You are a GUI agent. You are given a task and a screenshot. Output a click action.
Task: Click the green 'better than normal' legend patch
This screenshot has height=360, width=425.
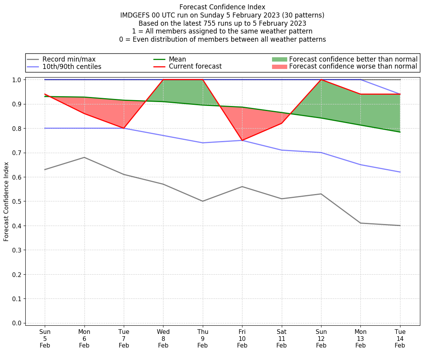(x=279, y=59)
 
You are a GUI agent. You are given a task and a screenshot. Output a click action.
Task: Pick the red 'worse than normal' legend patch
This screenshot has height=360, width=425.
(x=279, y=67)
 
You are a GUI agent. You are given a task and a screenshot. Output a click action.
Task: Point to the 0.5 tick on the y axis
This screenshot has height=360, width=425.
(x=17, y=201)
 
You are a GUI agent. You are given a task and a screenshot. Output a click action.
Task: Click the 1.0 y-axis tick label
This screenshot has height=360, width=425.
(x=17, y=80)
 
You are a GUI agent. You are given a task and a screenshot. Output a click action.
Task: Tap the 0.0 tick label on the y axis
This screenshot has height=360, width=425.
(x=17, y=323)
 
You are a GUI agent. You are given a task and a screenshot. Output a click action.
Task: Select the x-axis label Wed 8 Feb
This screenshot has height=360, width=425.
(x=163, y=339)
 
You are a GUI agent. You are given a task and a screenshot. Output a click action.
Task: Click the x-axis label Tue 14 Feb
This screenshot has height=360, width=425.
(x=400, y=339)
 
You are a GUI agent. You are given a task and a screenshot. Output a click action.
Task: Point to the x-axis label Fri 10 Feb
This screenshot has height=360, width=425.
(x=242, y=339)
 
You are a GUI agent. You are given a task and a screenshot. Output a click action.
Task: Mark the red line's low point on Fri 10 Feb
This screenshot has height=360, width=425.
(x=242, y=140)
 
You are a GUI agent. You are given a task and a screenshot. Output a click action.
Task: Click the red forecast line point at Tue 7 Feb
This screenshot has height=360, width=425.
(x=124, y=128)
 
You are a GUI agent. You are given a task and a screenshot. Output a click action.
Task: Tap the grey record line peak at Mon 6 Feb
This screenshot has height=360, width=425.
(x=84, y=157)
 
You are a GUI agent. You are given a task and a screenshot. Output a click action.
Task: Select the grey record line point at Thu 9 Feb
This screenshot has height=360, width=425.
(x=203, y=201)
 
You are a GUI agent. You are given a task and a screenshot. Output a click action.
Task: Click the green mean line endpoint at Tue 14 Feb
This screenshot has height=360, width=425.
(x=400, y=132)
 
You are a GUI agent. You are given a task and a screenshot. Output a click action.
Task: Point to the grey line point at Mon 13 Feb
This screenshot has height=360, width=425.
(x=360, y=223)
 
